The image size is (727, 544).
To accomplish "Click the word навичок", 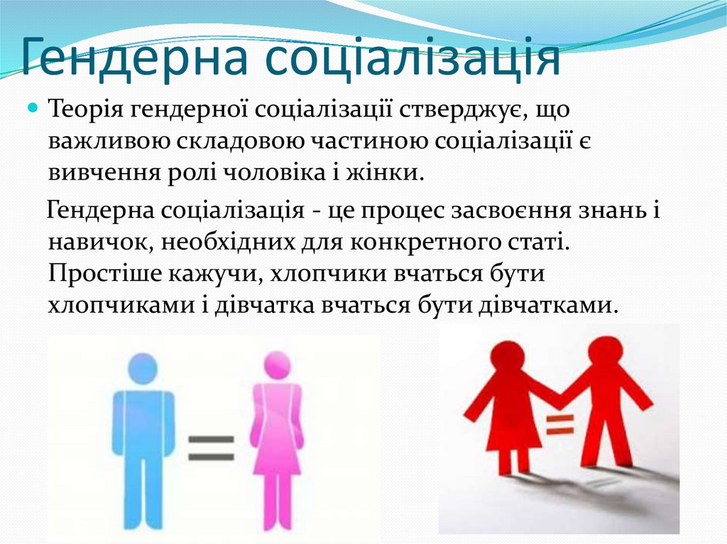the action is tap(100, 243).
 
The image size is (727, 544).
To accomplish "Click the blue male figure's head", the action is tap(142, 369).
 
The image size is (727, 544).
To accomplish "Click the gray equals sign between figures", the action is tap(212, 448).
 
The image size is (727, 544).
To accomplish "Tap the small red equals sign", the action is tap(560, 424).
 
